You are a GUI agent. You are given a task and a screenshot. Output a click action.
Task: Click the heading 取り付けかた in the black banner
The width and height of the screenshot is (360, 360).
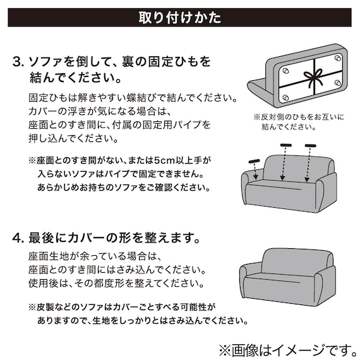(179, 17)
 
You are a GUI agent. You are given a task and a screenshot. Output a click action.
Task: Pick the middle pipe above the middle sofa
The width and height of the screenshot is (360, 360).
(285, 147)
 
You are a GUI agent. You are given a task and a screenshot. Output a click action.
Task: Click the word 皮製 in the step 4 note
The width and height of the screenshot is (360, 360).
(47, 308)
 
